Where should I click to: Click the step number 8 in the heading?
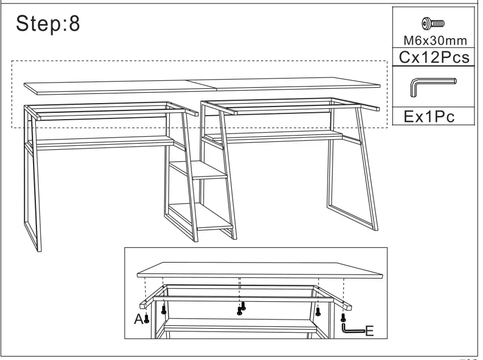(x=74, y=24)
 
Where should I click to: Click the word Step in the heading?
(x=39, y=24)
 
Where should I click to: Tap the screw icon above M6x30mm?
(x=433, y=24)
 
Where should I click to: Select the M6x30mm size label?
(x=434, y=40)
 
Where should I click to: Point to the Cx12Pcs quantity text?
(x=434, y=57)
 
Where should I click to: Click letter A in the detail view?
(x=138, y=320)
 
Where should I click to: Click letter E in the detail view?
(x=369, y=330)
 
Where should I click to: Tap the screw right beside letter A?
(x=146, y=319)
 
